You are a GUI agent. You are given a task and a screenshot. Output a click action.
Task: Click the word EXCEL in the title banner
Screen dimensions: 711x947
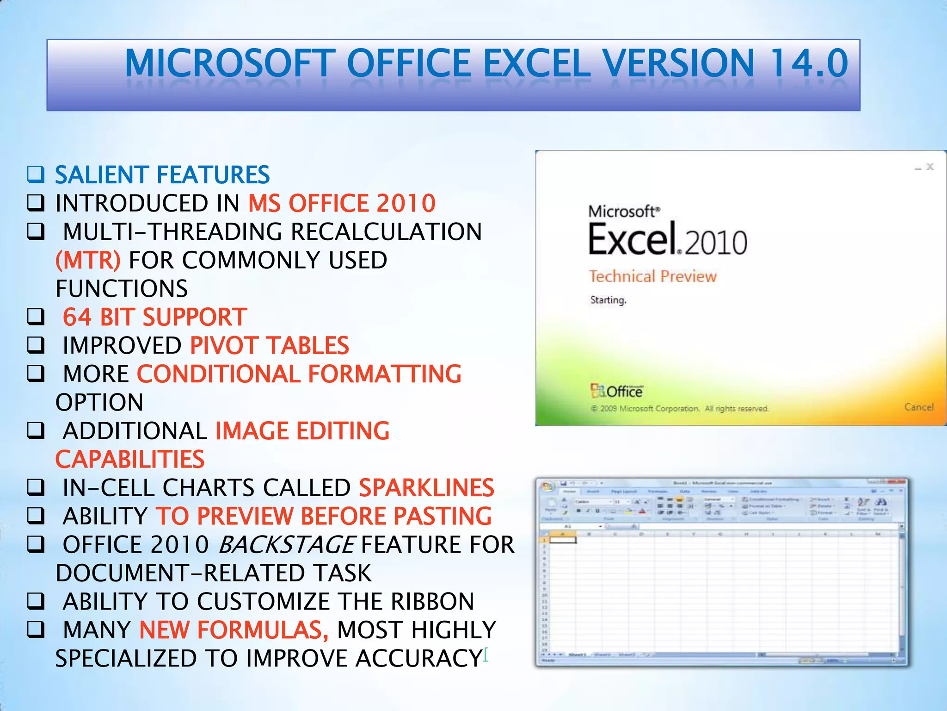(x=537, y=63)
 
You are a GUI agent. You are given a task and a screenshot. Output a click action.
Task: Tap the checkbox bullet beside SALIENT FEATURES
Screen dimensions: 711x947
(x=36, y=175)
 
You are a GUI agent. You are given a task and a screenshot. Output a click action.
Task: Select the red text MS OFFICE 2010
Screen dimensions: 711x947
(x=342, y=203)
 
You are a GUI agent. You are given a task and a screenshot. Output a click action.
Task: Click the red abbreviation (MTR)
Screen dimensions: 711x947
(x=88, y=260)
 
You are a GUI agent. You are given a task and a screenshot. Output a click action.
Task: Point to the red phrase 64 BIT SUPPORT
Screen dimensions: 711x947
(x=155, y=317)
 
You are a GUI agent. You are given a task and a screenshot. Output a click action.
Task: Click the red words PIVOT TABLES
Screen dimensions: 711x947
(x=270, y=346)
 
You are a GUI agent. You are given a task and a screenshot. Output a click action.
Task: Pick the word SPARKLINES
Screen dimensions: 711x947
(x=426, y=488)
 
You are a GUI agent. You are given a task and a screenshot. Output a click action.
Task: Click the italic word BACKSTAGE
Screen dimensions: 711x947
(x=287, y=545)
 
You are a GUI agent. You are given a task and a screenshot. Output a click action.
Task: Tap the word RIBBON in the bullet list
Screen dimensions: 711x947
(x=432, y=602)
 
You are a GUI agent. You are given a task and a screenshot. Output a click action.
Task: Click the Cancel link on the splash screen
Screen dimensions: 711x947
(x=918, y=407)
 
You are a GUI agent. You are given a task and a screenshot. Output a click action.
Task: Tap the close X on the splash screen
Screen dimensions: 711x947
(x=930, y=167)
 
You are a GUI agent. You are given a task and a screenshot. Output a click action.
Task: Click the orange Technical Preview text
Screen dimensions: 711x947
(x=652, y=276)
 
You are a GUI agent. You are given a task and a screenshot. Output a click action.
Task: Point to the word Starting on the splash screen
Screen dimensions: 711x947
(x=608, y=300)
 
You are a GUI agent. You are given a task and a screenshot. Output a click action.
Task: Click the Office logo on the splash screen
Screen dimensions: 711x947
(x=616, y=391)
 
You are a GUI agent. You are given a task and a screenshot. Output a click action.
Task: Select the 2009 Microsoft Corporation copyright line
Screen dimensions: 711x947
(x=680, y=409)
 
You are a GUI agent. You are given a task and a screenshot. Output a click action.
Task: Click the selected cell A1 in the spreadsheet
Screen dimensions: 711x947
(x=563, y=540)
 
